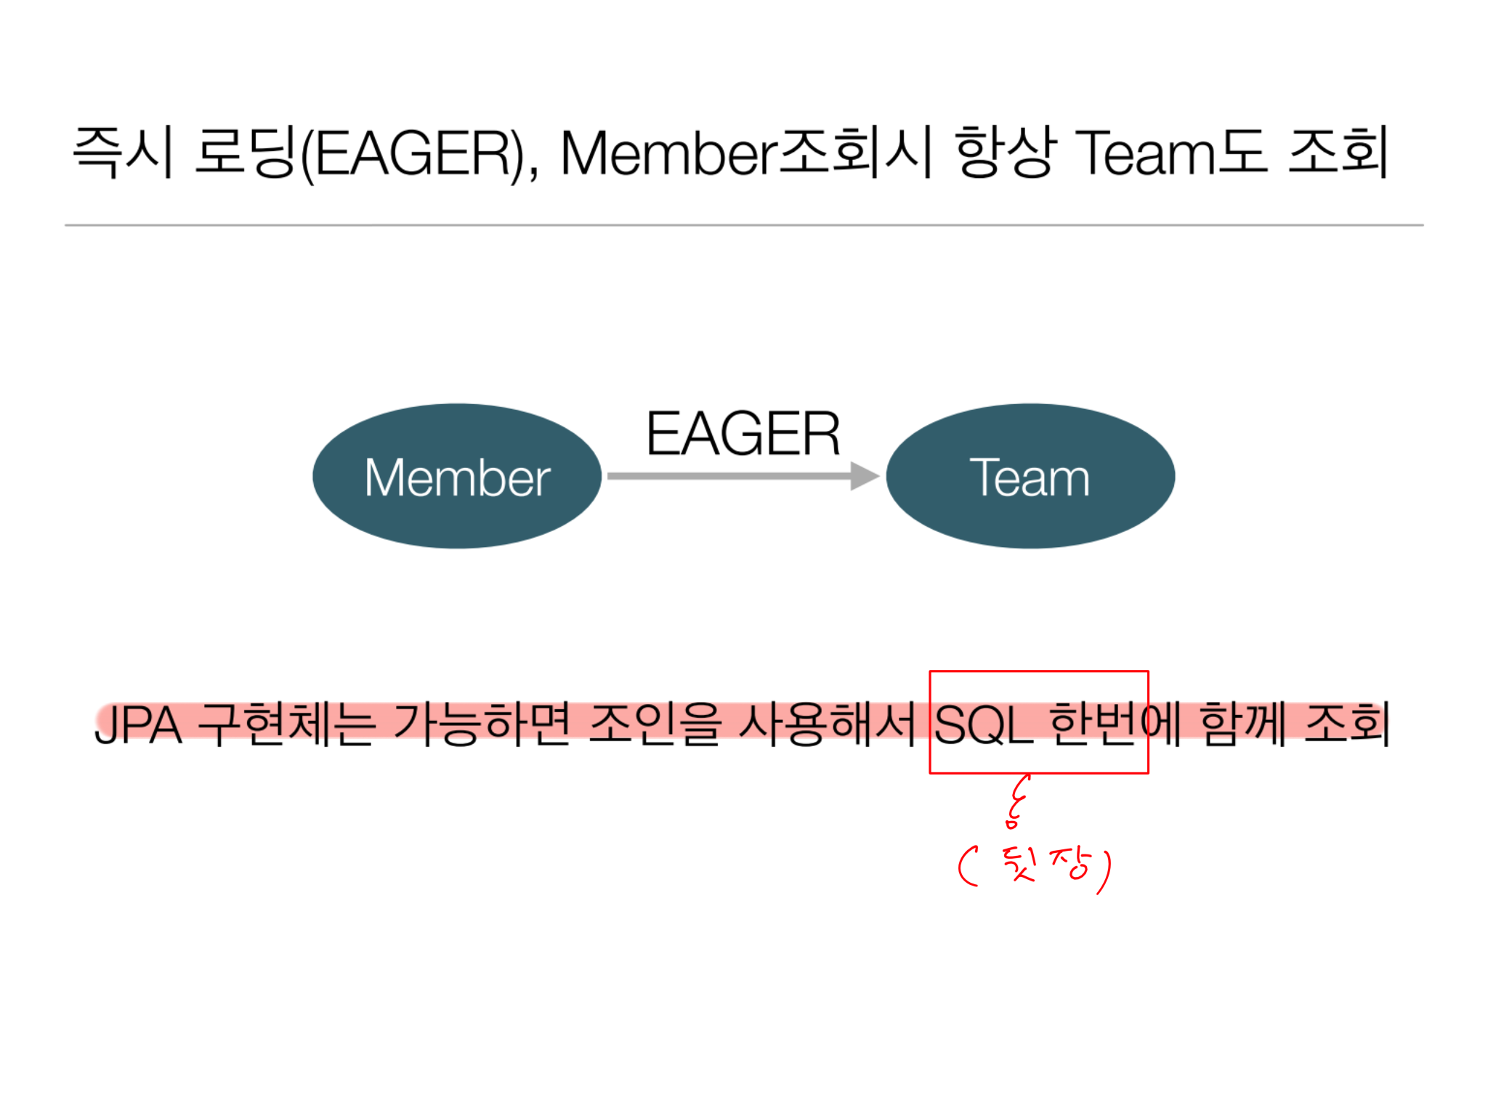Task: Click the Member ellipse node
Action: pos(457,476)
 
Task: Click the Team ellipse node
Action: pos(1030,476)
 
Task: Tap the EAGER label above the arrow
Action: pos(743,434)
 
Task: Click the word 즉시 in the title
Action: pos(124,152)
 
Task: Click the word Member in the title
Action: pos(668,153)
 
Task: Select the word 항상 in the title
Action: pos(1005,152)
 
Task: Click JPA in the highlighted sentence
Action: pos(138,725)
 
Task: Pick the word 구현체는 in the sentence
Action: pos(287,724)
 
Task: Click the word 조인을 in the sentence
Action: pos(655,724)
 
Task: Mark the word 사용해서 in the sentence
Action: pos(826,724)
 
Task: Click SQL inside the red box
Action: pos(983,725)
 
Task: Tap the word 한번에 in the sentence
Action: pos(1115,724)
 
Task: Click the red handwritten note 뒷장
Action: pos(1046,865)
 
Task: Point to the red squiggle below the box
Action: pos(1016,801)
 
